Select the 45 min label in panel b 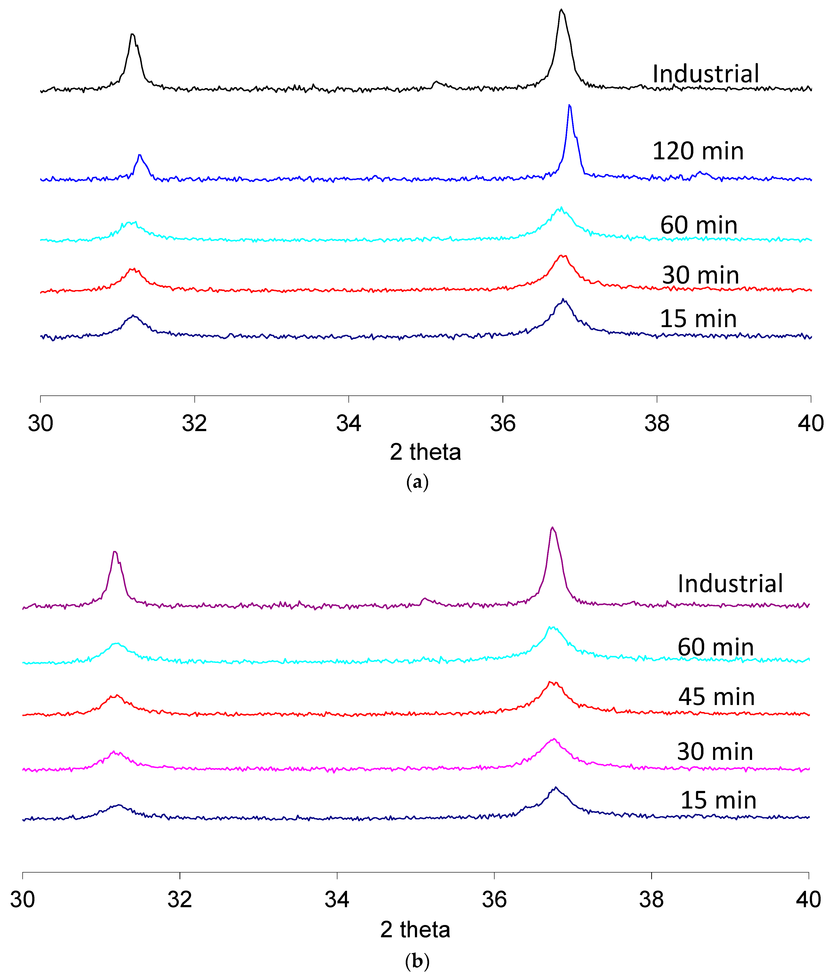tap(716, 697)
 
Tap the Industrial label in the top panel tap(705, 74)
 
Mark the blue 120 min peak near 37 tap(570, 106)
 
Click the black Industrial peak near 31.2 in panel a tap(132, 34)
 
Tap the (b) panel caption tap(417, 961)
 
